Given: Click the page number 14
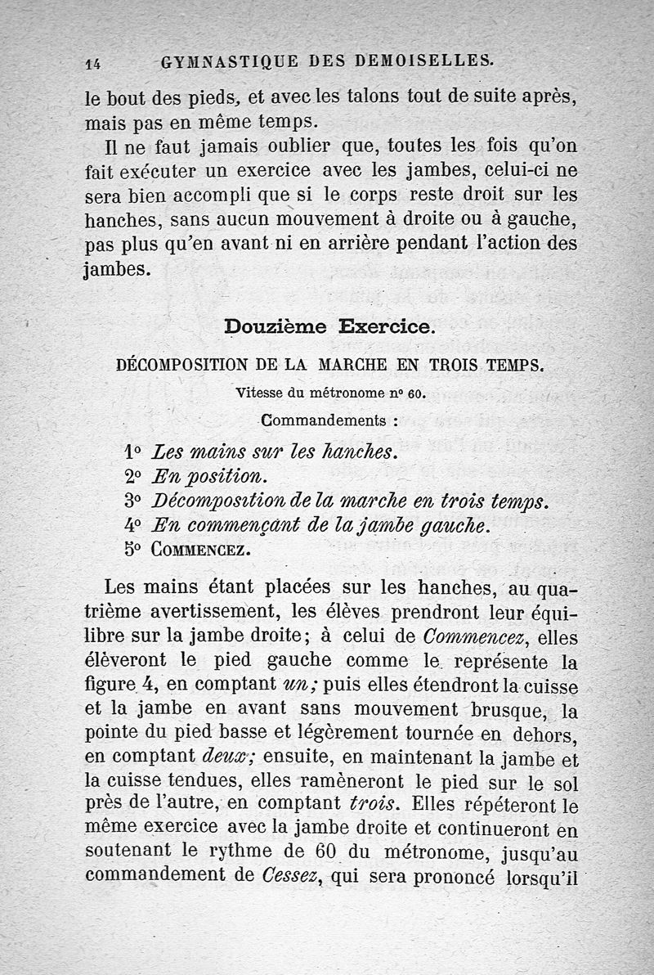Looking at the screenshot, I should pyautogui.click(x=92, y=61).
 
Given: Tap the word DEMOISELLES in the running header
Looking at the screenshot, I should pyautogui.click(x=424, y=60).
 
